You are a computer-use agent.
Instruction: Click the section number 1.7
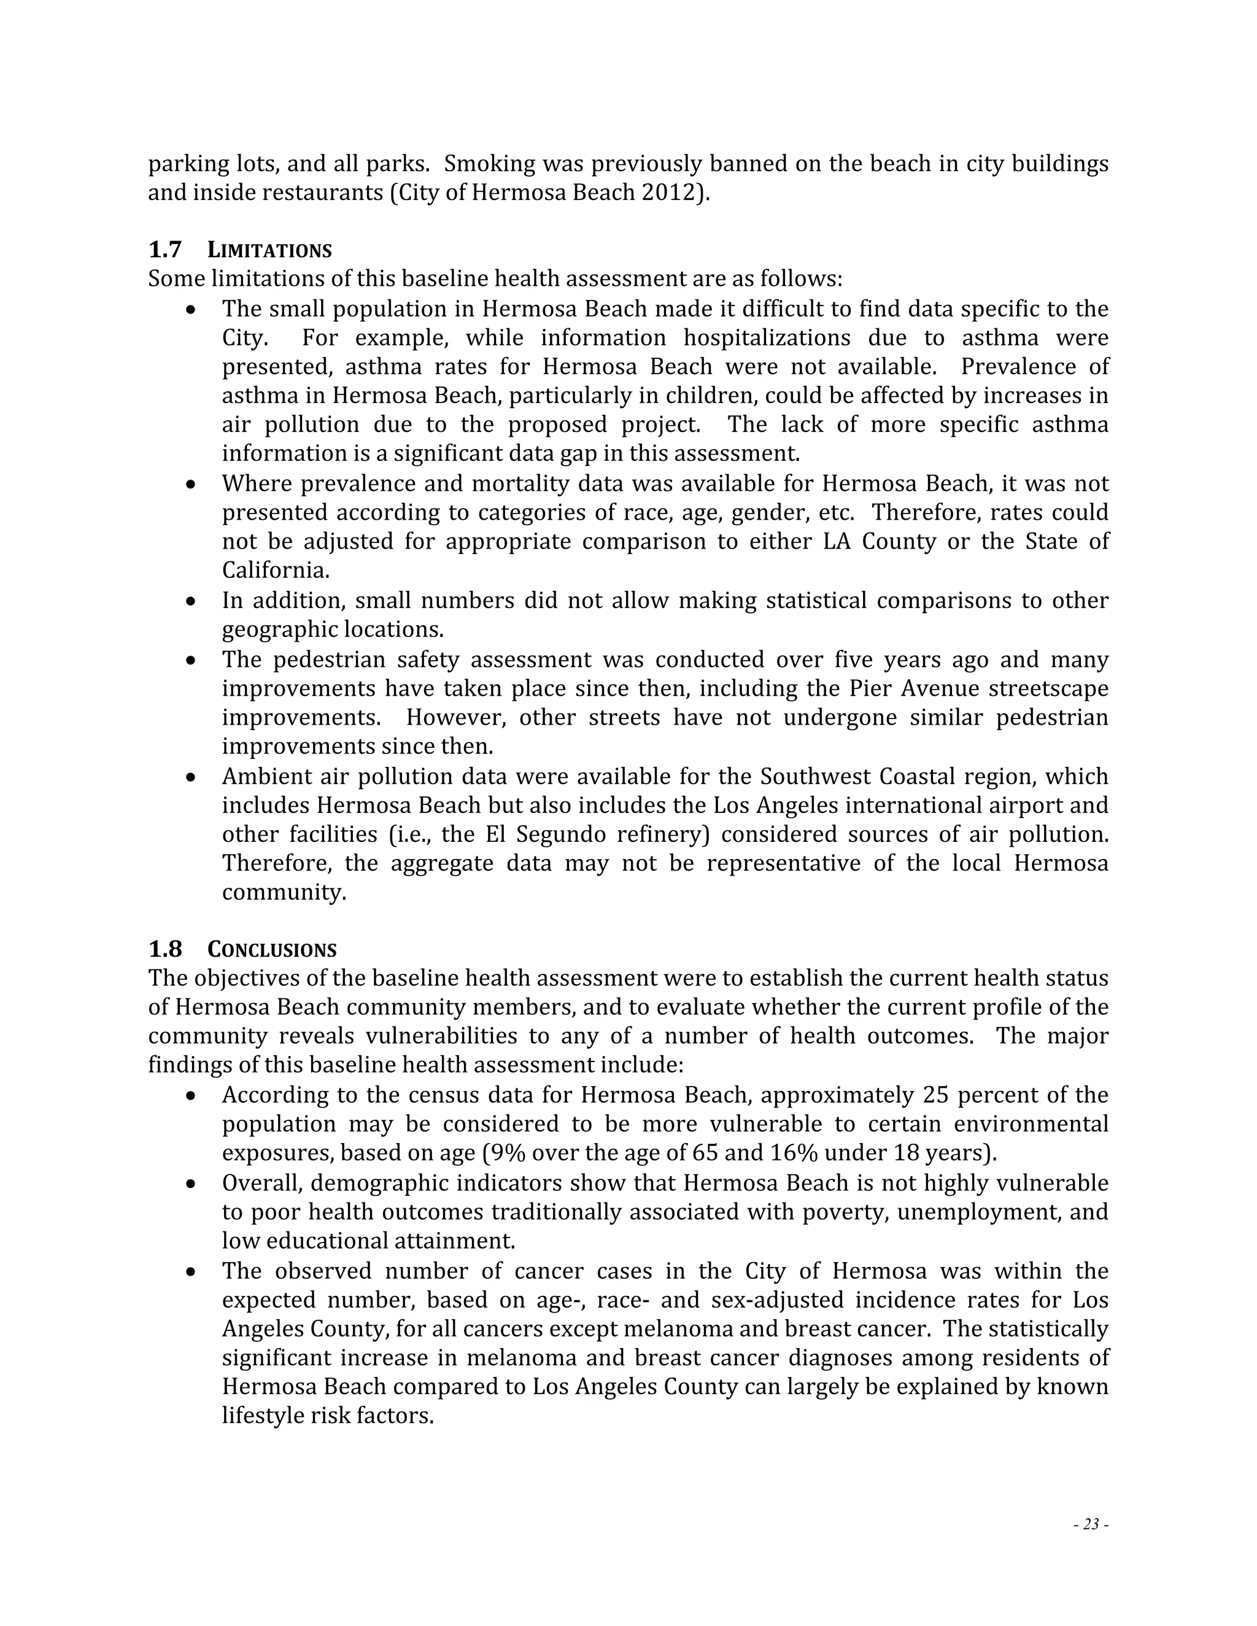[x=164, y=249]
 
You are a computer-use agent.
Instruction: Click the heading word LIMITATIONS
[x=269, y=250]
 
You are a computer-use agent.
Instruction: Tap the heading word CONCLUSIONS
[x=272, y=950]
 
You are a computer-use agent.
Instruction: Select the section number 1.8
[x=164, y=949]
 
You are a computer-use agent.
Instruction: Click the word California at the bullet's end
[x=274, y=571]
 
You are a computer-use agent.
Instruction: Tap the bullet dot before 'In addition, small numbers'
[x=191, y=601]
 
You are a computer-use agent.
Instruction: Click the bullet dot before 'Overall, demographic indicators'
[x=191, y=1184]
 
